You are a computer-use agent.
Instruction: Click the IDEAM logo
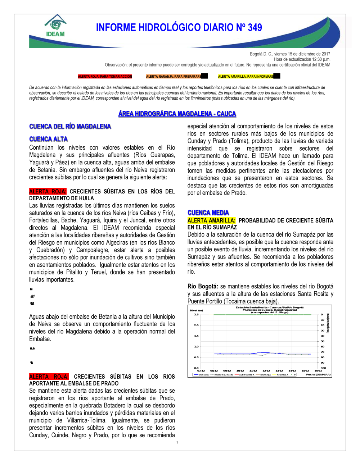point(55,26)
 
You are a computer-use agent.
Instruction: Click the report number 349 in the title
point(255,28)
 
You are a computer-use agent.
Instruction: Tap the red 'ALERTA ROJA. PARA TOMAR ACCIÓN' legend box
point(105,77)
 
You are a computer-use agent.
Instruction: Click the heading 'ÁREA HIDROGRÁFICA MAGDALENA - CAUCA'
point(177,114)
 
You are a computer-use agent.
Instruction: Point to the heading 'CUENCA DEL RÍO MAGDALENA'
point(70,126)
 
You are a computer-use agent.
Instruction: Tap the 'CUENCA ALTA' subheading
point(48,139)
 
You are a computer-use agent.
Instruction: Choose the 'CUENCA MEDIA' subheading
point(208,213)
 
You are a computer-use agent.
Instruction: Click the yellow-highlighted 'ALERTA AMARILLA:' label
point(211,220)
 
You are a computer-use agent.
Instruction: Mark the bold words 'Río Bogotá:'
point(203,286)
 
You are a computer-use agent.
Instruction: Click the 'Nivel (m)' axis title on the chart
point(196,310)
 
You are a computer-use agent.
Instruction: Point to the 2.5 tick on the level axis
point(196,315)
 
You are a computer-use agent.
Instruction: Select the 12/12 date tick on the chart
point(266,370)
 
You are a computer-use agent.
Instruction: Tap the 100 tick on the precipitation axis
point(323,368)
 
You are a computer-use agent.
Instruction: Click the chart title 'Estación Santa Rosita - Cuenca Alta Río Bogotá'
point(270,307)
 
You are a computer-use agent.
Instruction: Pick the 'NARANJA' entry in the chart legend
point(265,375)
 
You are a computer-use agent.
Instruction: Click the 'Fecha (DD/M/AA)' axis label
point(318,374)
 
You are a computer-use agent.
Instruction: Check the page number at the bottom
point(177,442)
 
